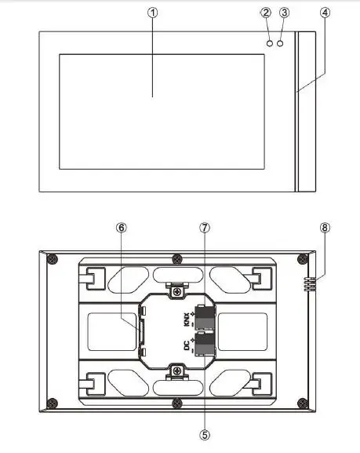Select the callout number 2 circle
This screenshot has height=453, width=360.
267,13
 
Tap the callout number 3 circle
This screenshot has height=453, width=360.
284,13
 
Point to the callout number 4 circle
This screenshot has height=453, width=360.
325,13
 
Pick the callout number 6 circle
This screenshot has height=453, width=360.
121,227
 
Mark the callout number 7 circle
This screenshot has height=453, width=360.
204,227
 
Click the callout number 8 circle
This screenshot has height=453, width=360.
325,227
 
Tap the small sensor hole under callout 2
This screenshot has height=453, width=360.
271,44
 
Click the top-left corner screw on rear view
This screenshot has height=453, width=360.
51,260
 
